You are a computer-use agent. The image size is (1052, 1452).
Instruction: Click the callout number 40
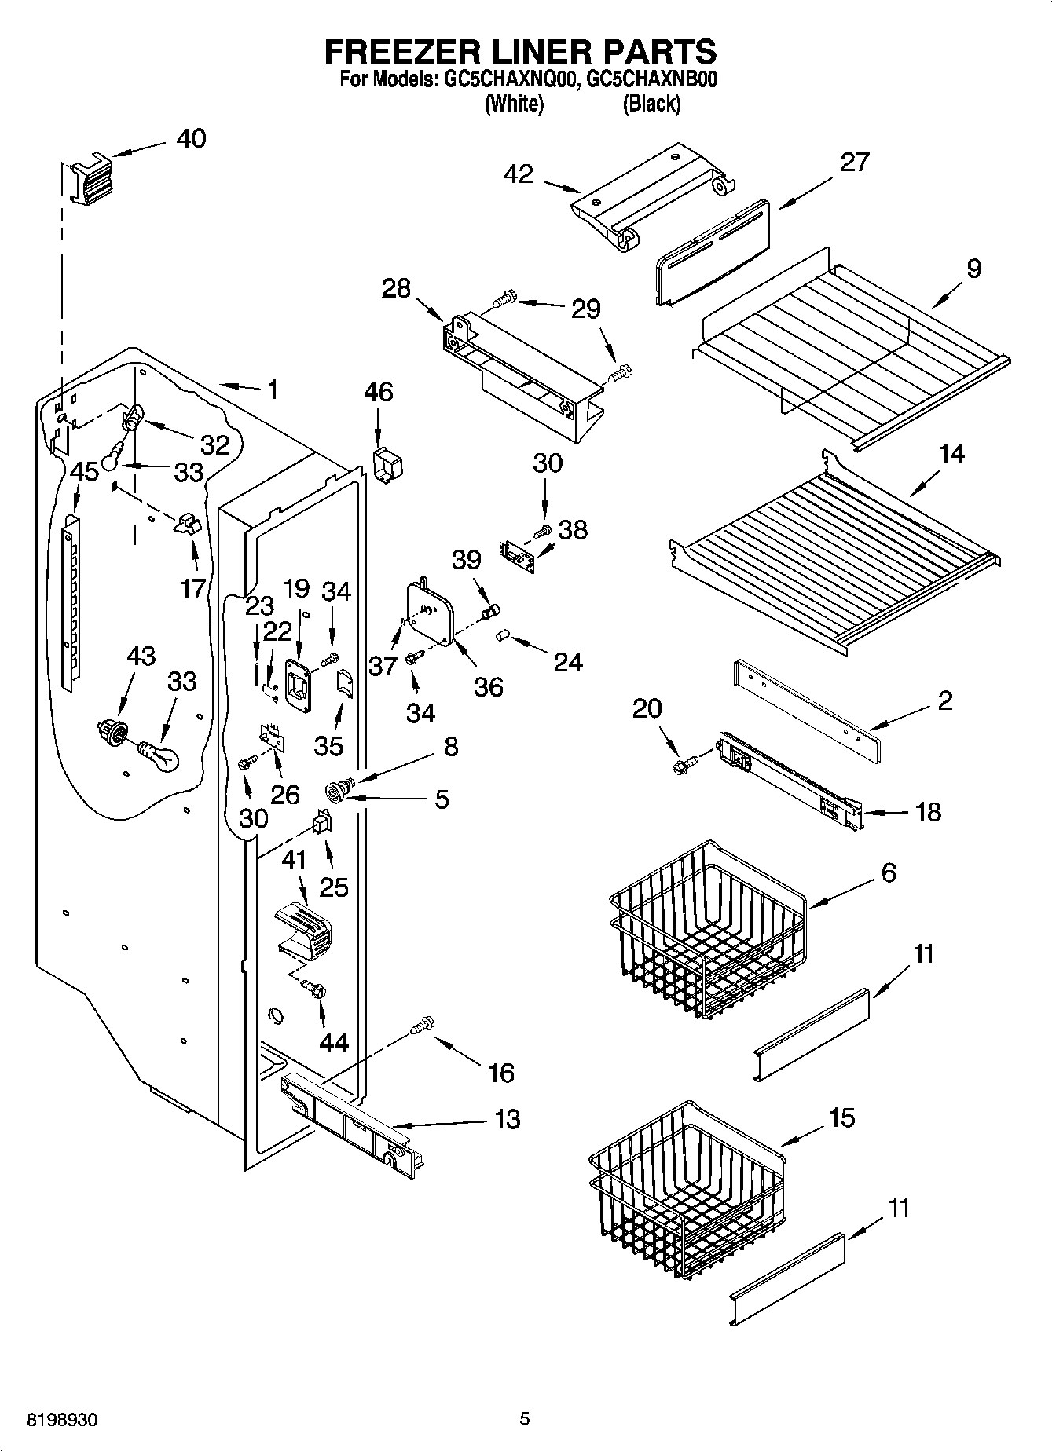coord(191,139)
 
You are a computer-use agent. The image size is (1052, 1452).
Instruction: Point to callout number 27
coord(854,163)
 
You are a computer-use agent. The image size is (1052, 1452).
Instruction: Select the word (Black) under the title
coord(651,104)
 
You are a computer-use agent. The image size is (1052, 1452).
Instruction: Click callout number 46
coord(379,391)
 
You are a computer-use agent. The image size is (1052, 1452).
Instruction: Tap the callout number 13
coord(508,1119)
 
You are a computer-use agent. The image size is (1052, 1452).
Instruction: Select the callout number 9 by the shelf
coord(973,269)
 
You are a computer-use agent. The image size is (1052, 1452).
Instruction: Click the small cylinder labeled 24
coord(502,635)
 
